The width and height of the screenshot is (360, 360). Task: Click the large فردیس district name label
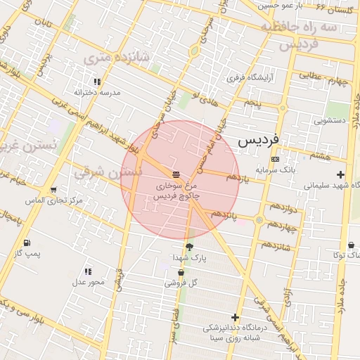[x=258, y=139]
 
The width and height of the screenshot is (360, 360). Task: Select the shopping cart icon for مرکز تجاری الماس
[x=53, y=191]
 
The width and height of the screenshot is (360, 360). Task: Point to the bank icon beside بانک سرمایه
[x=274, y=160]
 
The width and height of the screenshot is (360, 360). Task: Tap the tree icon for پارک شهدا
[x=189, y=247]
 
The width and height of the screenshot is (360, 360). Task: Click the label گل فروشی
[x=181, y=283]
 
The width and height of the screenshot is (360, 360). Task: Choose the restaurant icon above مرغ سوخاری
[x=176, y=174]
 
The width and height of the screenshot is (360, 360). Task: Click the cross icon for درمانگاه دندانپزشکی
[x=235, y=318]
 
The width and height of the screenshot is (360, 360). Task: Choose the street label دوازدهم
[x=283, y=207]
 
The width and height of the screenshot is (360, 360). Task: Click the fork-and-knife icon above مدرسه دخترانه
[x=97, y=82]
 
